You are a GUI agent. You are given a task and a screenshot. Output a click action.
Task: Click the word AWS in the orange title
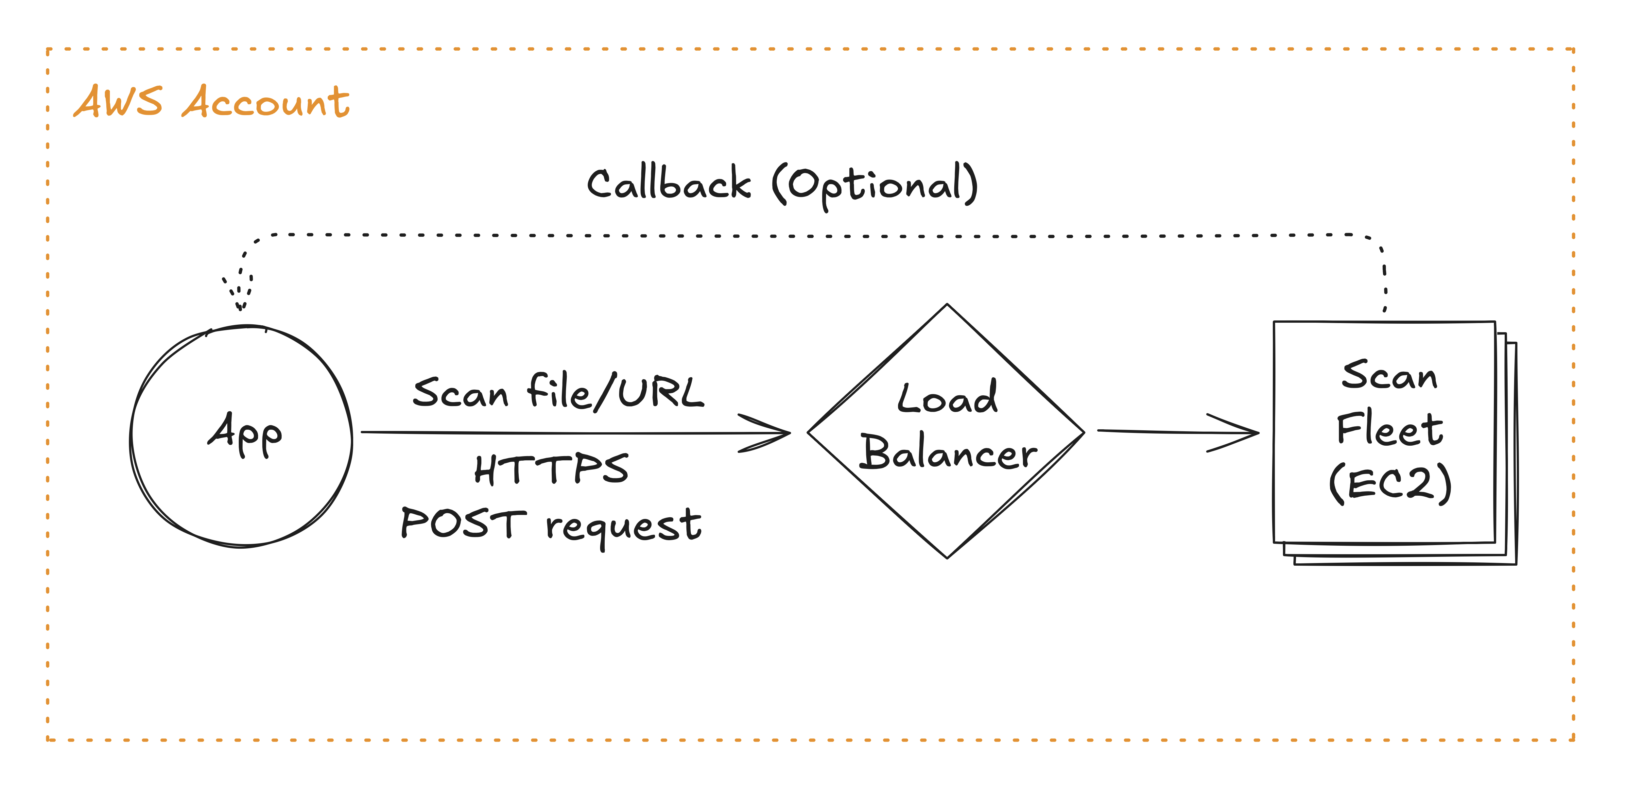click(118, 102)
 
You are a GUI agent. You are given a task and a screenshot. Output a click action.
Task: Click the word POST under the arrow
click(464, 524)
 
